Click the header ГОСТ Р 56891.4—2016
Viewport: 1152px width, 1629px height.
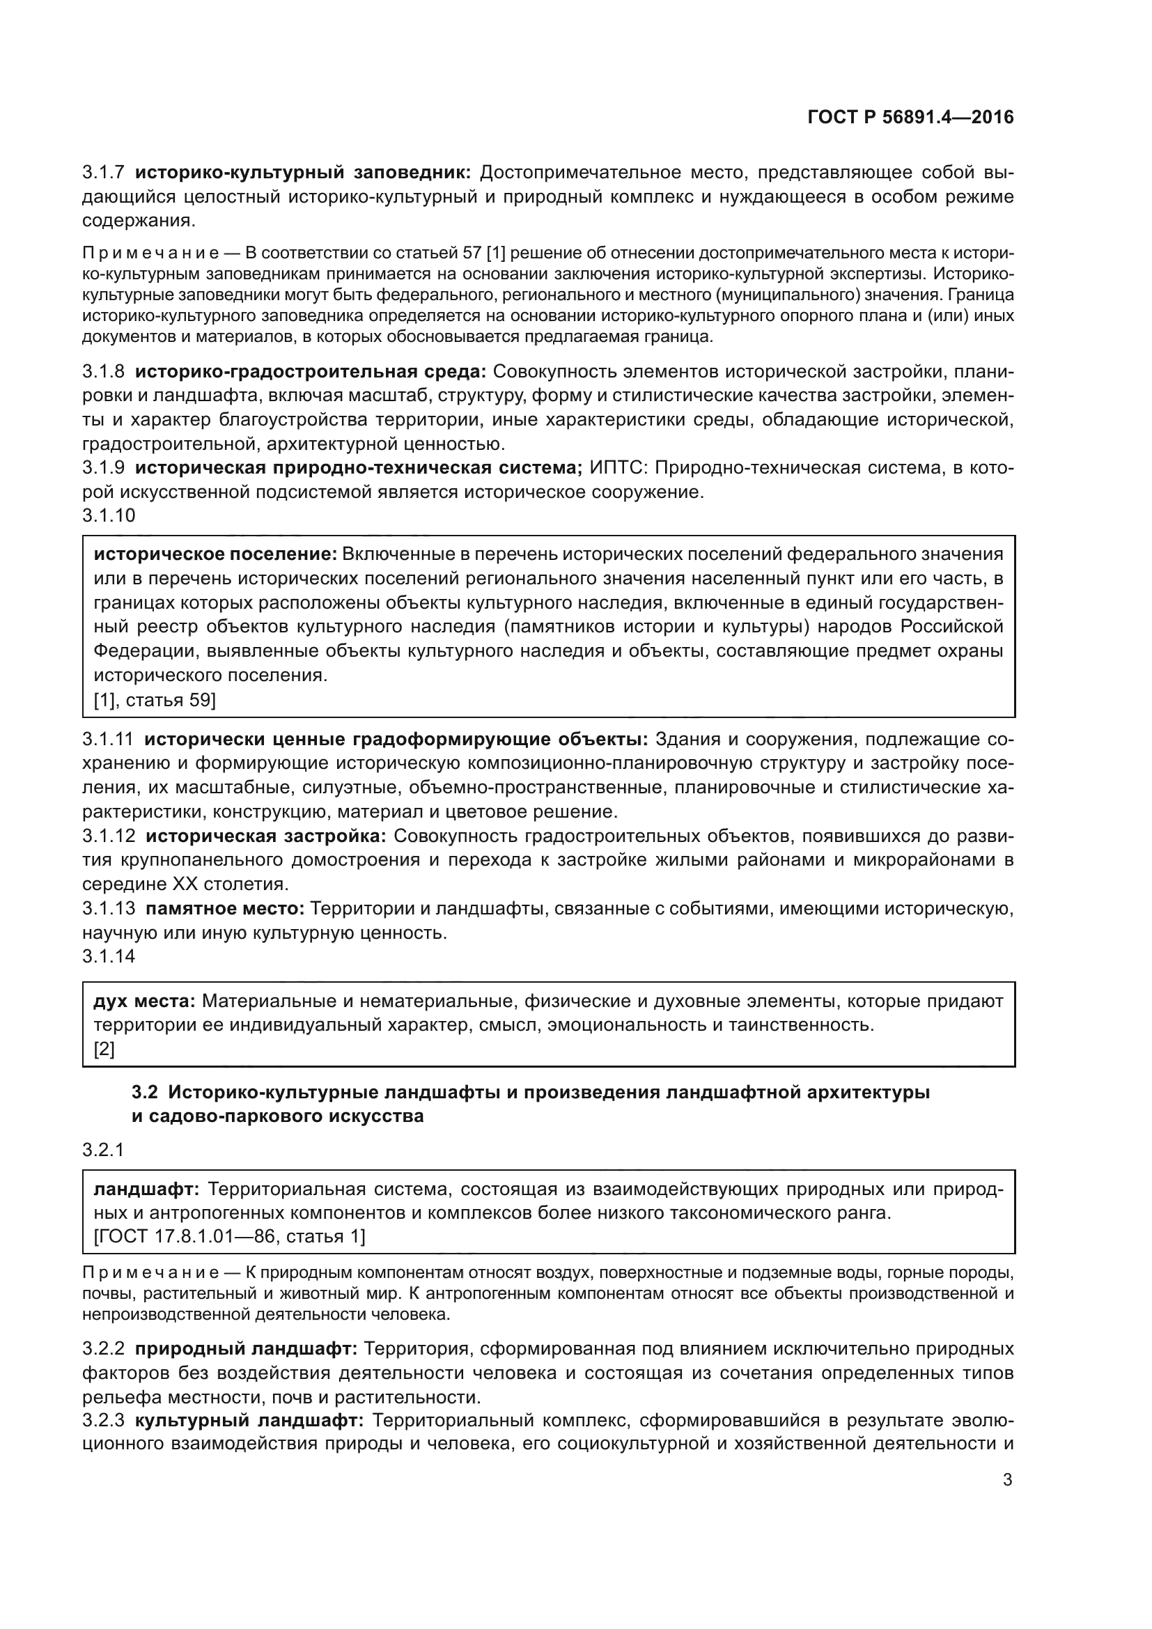click(910, 118)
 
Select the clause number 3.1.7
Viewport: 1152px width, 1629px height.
click(104, 173)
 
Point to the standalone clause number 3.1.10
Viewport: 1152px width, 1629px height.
click(109, 516)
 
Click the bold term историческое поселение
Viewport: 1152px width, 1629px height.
click(216, 554)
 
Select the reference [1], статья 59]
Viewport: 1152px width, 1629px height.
click(155, 699)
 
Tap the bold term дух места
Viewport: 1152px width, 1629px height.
click(145, 1001)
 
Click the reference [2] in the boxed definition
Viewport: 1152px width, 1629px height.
click(104, 1049)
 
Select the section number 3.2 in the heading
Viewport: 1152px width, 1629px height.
click(146, 1092)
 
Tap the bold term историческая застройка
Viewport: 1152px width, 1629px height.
click(265, 836)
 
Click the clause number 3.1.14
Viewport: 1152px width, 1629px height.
click(109, 956)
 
